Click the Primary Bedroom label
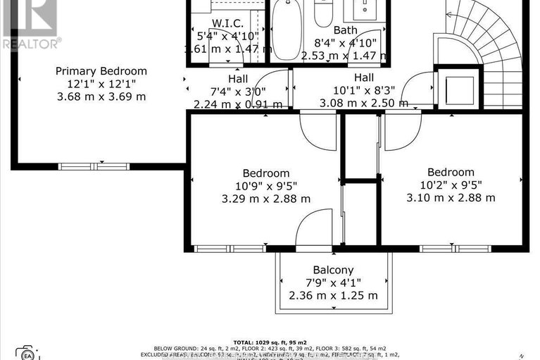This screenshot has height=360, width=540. coord(101,71)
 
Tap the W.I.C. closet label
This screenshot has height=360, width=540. coord(227,23)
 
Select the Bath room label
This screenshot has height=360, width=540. coord(345,30)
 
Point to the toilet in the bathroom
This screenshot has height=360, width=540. coord(323,13)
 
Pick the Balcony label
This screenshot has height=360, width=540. coord(333,270)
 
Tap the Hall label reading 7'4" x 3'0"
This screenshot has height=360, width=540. coord(238,79)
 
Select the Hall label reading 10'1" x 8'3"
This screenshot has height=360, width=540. coord(363,77)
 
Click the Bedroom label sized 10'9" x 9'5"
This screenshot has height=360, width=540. coord(265,173)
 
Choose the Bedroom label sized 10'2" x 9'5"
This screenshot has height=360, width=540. coord(451,172)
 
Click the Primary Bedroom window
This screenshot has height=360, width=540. coord(94,166)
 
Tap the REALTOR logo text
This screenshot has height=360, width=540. coord(30,42)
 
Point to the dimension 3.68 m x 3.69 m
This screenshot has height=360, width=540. coord(101,97)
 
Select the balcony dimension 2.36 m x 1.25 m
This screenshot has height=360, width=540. coord(333,295)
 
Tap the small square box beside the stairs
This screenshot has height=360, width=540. coord(458,87)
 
